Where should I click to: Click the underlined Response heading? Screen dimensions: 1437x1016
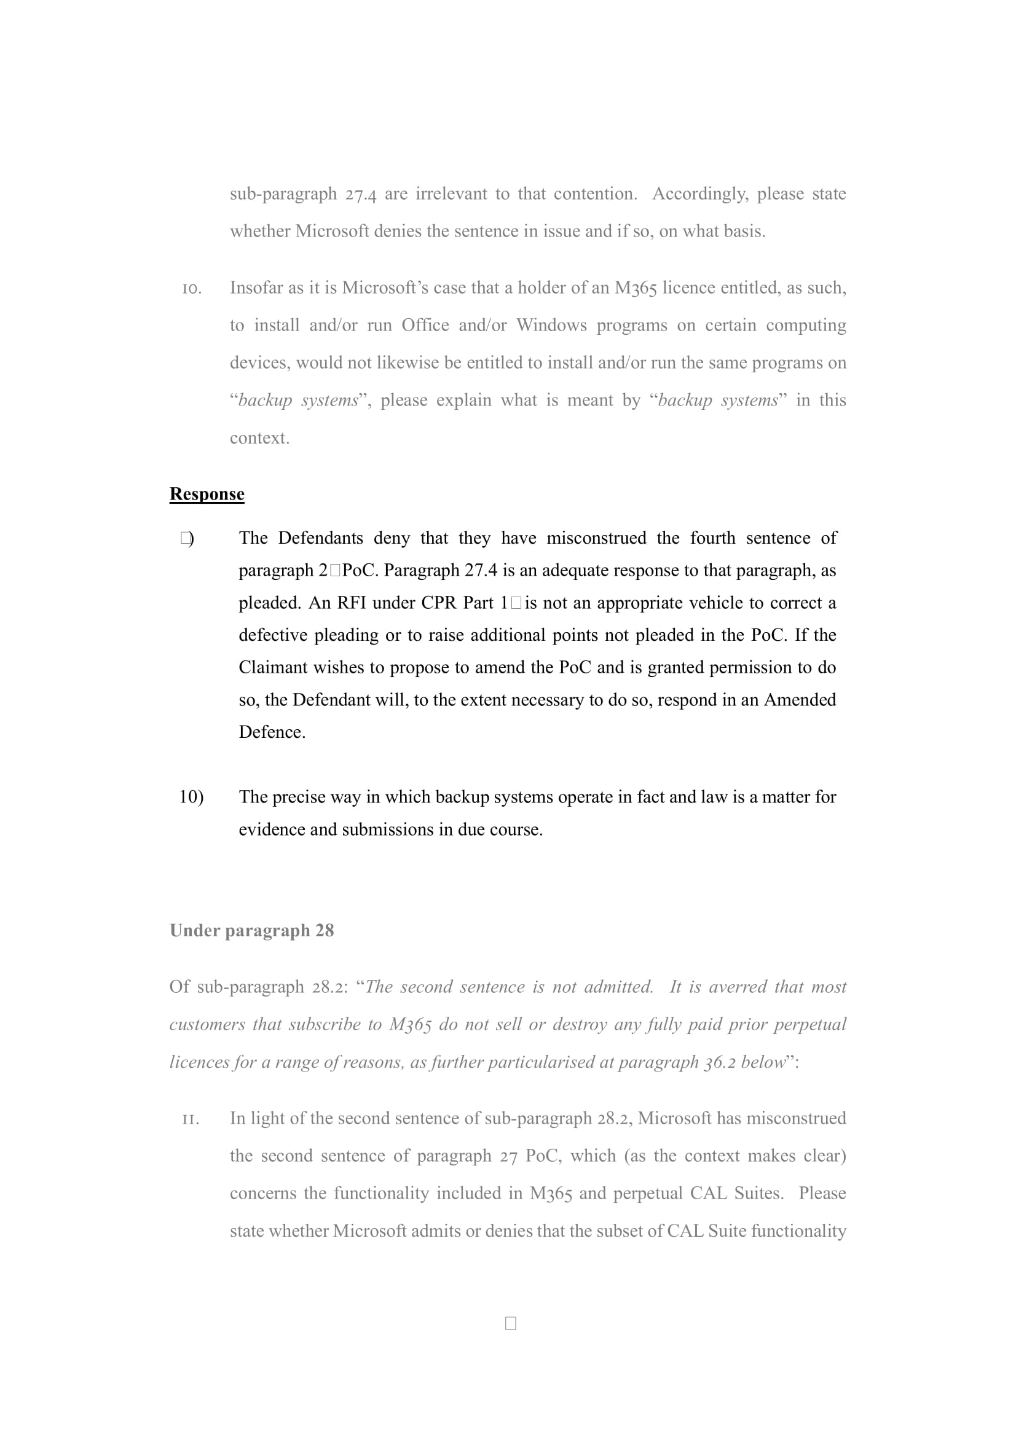(x=207, y=494)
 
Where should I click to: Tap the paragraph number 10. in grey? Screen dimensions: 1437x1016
(x=192, y=289)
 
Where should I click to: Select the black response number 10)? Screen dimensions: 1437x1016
(x=191, y=797)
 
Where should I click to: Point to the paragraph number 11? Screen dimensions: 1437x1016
(x=191, y=1118)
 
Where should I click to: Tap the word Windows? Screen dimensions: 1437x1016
(x=551, y=326)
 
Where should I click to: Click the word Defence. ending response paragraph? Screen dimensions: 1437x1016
(x=272, y=732)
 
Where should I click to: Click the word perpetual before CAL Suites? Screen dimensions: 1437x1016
(x=647, y=1193)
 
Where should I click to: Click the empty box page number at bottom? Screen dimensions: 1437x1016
(x=510, y=1323)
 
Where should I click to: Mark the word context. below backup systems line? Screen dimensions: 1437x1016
(x=259, y=438)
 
